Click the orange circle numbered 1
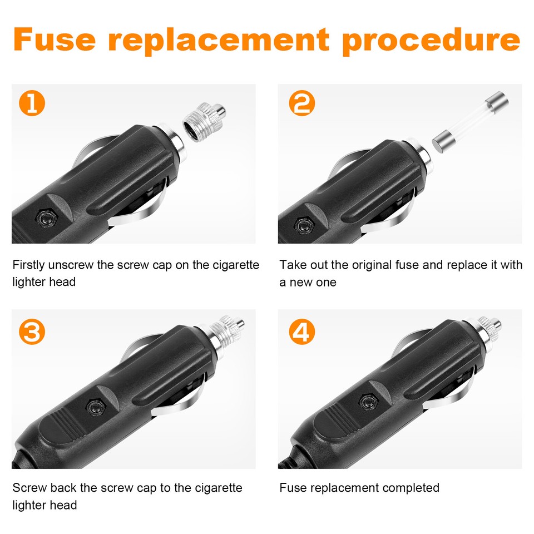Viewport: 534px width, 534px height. tap(32, 104)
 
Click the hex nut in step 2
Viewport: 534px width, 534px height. tap(304, 225)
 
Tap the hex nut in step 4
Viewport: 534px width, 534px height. tap(367, 402)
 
